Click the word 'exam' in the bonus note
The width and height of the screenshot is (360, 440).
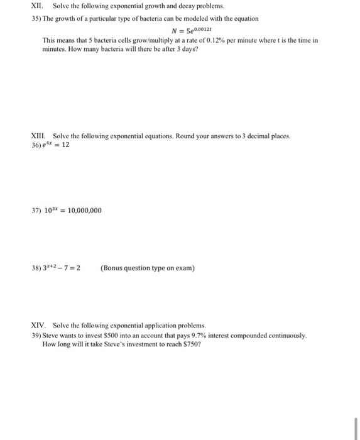coord(183,268)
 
